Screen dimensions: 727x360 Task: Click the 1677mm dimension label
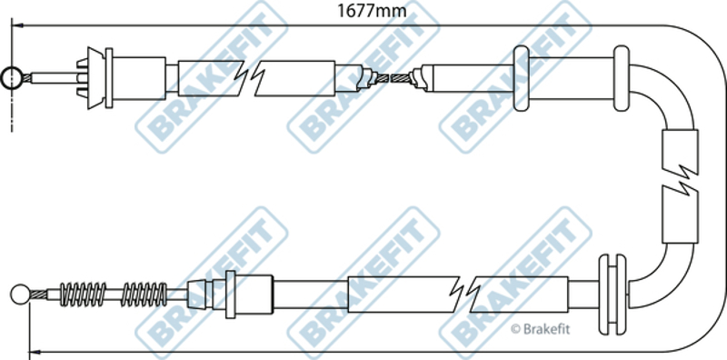click(372, 10)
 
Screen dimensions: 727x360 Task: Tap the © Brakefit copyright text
click(540, 329)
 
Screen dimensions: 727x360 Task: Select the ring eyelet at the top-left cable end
click(10, 78)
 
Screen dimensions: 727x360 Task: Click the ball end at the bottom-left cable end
click(20, 295)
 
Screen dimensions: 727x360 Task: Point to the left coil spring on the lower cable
click(84, 295)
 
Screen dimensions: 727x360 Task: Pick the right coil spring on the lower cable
click(144, 295)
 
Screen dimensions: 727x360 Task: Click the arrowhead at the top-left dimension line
click(16, 25)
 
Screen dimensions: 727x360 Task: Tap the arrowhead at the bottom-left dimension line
click(35, 352)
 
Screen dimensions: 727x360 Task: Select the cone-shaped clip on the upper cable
click(95, 78)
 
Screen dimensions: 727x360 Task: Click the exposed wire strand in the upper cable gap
click(392, 78)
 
